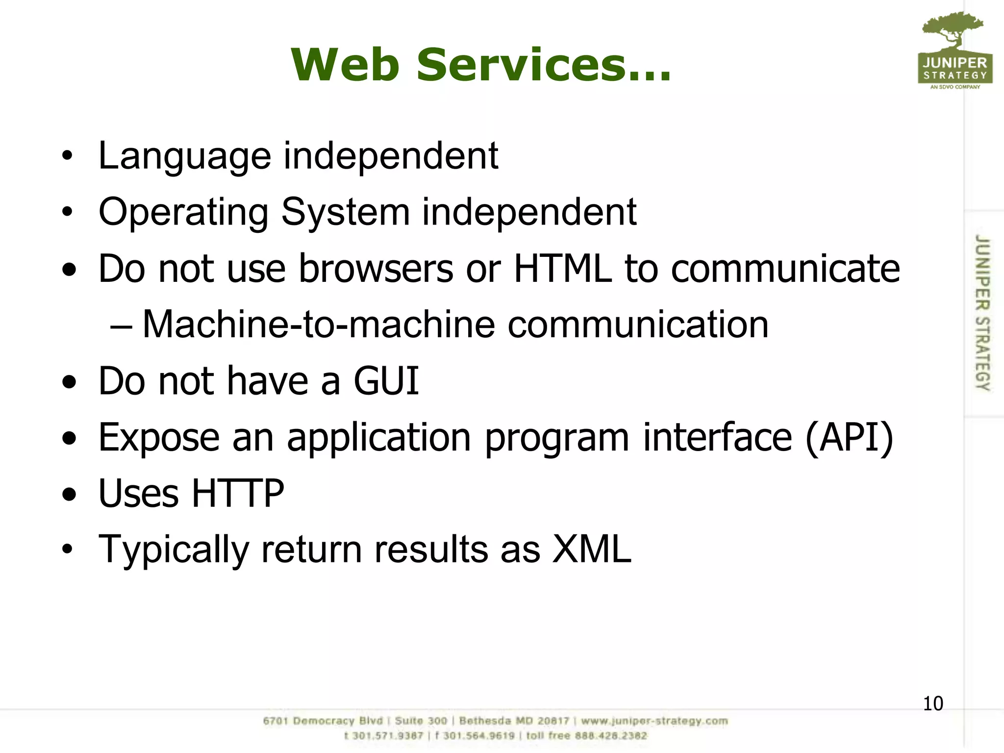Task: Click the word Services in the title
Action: tap(543, 65)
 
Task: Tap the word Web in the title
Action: tap(345, 65)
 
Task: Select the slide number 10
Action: tap(932, 703)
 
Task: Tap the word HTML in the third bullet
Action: tap(563, 269)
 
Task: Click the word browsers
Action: tap(376, 269)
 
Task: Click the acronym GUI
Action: tap(386, 381)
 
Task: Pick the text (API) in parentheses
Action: tap(850, 437)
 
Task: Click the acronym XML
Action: tap(591, 549)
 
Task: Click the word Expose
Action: tap(159, 437)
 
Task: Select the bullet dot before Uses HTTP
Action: tap(69, 494)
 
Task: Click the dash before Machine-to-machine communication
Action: tap(121, 326)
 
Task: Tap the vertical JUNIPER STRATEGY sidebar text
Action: tap(982, 313)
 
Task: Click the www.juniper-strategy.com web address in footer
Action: tap(654, 721)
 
